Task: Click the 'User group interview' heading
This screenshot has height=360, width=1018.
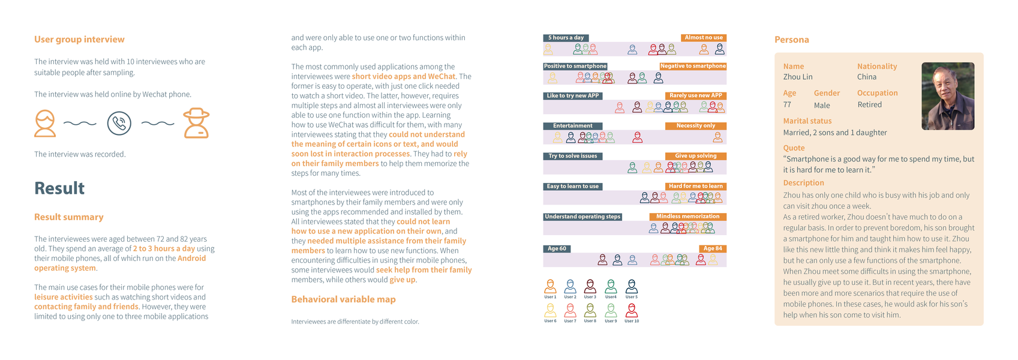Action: (79, 40)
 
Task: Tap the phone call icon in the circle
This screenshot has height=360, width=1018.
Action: (119, 123)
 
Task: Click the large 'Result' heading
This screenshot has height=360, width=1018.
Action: (59, 188)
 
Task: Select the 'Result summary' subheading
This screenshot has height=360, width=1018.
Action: (68, 217)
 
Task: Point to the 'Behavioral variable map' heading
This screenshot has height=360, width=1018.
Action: (343, 299)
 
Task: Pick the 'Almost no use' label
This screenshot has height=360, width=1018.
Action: (704, 38)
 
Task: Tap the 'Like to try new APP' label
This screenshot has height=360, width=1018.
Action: (572, 96)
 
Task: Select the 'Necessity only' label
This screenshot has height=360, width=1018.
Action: (696, 126)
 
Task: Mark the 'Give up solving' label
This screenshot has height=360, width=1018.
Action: (696, 156)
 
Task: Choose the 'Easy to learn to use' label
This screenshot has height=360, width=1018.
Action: (572, 187)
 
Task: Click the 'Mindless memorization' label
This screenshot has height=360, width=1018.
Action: (687, 217)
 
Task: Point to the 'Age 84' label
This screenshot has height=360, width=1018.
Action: (713, 248)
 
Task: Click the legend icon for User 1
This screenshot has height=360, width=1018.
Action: (550, 286)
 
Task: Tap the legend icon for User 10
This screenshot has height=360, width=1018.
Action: (632, 310)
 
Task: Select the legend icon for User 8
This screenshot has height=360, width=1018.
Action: (590, 310)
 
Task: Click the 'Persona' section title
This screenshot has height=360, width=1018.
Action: (791, 40)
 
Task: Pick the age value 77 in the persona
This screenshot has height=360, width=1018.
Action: (787, 104)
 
